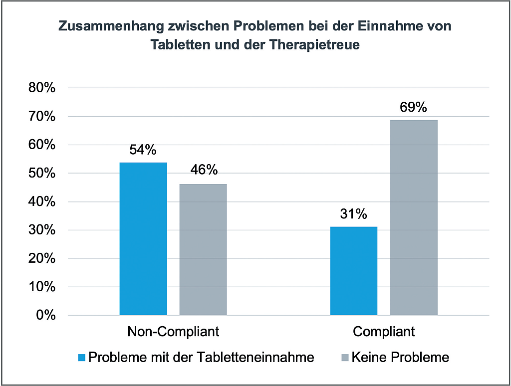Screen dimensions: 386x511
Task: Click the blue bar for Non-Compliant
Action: coord(143,239)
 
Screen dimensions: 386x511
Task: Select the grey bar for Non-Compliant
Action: coord(203,249)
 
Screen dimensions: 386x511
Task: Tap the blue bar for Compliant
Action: coord(354,271)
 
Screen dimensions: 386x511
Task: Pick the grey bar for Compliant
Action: coord(414,217)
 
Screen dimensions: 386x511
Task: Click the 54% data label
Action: coord(143,150)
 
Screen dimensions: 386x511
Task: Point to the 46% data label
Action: coord(204,170)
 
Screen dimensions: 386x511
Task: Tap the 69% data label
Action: coord(414,107)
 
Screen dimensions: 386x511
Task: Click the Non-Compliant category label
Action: coord(173,332)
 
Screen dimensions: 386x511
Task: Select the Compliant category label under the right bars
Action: coord(384,332)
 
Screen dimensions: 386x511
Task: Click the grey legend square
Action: coord(344,358)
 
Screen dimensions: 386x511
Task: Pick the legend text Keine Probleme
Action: coord(400,357)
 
